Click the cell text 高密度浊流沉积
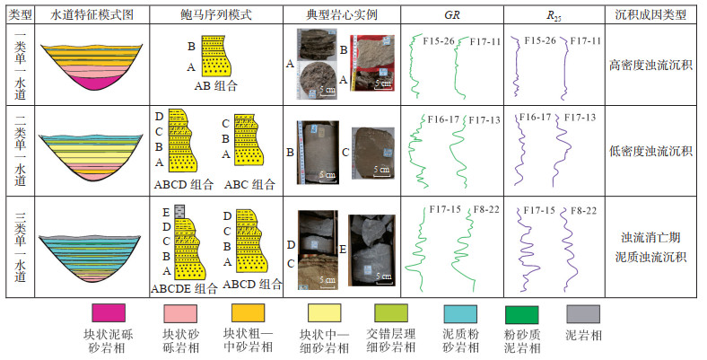(x=650, y=65)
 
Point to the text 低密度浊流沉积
(x=650, y=150)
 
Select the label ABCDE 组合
(x=185, y=287)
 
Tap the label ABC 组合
(x=251, y=184)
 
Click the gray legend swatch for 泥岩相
(x=582, y=313)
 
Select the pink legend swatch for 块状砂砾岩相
(x=179, y=313)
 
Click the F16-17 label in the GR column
(x=442, y=119)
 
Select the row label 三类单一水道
(x=16, y=246)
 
